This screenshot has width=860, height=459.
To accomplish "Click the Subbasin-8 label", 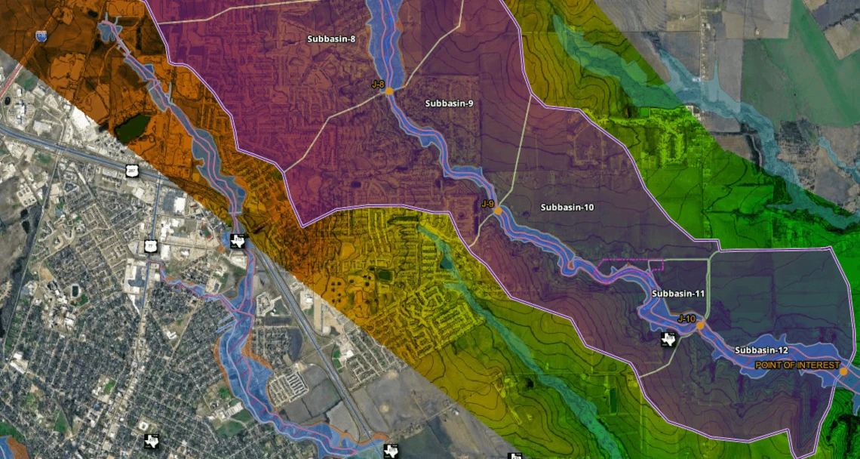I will [x=331, y=39].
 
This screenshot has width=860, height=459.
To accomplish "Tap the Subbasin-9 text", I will [x=449, y=103].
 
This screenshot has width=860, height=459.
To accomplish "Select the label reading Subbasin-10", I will [x=567, y=207].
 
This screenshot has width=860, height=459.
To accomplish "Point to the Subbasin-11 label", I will [x=678, y=294].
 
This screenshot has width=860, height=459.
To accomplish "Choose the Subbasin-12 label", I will [x=761, y=350].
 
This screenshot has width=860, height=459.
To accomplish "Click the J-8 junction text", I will [x=378, y=84].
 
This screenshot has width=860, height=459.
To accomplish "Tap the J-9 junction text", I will [x=487, y=204].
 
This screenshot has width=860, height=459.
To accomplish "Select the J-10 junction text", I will [x=686, y=319].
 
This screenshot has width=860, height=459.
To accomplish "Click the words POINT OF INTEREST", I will [x=797, y=365].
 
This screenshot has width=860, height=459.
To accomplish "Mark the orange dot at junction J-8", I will [x=389, y=91].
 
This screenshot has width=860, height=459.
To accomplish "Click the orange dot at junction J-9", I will [x=498, y=211].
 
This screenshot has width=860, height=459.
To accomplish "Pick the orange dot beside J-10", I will [x=700, y=325].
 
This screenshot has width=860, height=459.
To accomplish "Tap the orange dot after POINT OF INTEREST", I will [x=843, y=371].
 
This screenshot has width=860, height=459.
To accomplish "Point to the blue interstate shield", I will [x=41, y=35].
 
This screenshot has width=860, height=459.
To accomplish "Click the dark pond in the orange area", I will [x=132, y=128].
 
